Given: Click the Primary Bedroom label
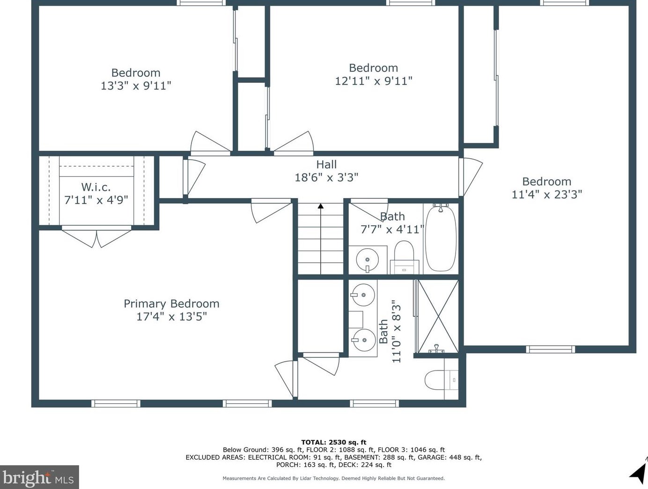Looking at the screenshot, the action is (171, 304).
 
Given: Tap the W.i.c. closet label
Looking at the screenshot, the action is (96, 187).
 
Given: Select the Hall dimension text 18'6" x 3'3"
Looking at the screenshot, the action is (326, 178).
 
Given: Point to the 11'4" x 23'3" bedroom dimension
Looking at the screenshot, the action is (546, 194).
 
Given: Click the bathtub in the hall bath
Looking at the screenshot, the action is (441, 237).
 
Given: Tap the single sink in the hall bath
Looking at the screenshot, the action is (367, 259).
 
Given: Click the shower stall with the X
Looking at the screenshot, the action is (438, 316).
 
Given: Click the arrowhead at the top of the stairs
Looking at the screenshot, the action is (321, 206).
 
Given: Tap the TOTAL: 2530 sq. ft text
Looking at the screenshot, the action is (333, 442).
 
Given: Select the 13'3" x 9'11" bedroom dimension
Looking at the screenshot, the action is (136, 86).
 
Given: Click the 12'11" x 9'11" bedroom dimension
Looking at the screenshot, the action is (374, 81).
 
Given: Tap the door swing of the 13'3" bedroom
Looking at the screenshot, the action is (210, 143).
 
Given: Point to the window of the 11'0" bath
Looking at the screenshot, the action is (375, 403).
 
